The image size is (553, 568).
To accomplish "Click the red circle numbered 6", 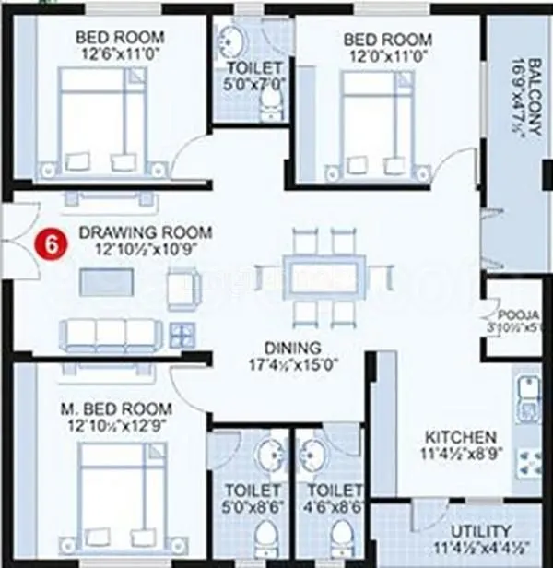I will click(x=56, y=244).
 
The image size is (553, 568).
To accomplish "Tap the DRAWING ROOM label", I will click(x=145, y=232).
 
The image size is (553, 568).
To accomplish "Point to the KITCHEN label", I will click(x=460, y=436).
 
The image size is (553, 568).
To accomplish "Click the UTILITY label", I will click(x=480, y=532).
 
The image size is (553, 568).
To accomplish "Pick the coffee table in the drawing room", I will click(x=107, y=280).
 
